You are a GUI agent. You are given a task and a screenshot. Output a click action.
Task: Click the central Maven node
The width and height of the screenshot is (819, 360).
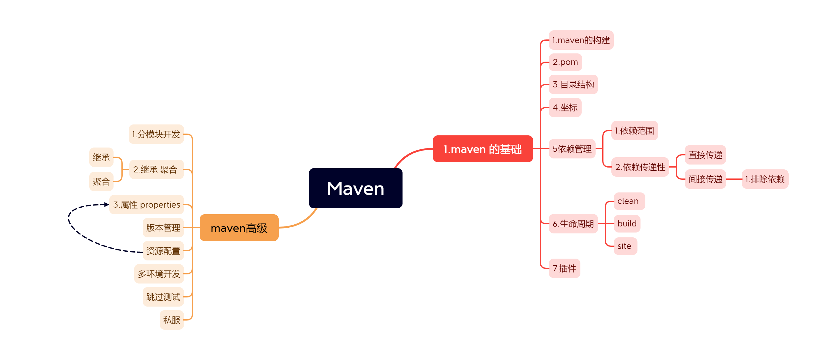coord(355,188)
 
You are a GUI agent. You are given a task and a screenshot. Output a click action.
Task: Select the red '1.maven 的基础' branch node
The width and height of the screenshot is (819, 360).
coord(482,149)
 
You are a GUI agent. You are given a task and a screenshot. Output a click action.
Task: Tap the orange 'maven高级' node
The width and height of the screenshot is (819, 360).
coord(239,228)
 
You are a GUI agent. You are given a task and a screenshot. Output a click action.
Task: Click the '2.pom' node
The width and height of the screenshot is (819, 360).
coord(565,62)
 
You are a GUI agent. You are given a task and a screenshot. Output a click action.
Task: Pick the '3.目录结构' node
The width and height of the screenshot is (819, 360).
coord(573,85)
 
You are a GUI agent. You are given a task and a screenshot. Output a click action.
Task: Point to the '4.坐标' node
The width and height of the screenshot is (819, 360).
coord(565,107)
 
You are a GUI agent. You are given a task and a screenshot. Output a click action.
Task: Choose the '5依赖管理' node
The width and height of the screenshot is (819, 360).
coord(572,148)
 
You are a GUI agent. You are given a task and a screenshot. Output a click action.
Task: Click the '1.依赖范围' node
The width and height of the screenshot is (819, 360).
coord(634,131)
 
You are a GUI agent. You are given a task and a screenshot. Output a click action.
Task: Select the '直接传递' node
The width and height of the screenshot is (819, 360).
coord(705,155)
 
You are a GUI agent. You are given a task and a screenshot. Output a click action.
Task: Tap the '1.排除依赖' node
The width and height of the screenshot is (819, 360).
coord(765,179)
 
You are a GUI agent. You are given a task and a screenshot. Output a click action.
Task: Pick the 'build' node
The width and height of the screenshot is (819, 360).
coord(627,224)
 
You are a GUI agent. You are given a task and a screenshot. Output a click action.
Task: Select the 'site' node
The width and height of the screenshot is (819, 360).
coord(624,246)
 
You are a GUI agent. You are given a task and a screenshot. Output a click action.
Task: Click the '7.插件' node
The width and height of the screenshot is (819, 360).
coord(564,268)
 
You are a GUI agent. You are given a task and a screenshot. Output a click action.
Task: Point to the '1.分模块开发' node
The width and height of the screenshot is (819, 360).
coord(156,134)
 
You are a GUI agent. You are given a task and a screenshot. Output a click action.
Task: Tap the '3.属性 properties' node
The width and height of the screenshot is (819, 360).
coord(147,205)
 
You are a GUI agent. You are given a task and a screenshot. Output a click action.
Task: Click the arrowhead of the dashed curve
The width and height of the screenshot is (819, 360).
coord(107,205)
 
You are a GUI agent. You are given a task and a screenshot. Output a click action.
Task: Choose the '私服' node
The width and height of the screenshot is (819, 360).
coord(172,320)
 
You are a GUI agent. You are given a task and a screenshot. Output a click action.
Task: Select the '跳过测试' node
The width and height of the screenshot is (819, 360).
coord(163,297)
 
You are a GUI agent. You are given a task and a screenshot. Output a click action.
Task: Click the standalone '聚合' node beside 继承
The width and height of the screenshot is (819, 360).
coord(101,182)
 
